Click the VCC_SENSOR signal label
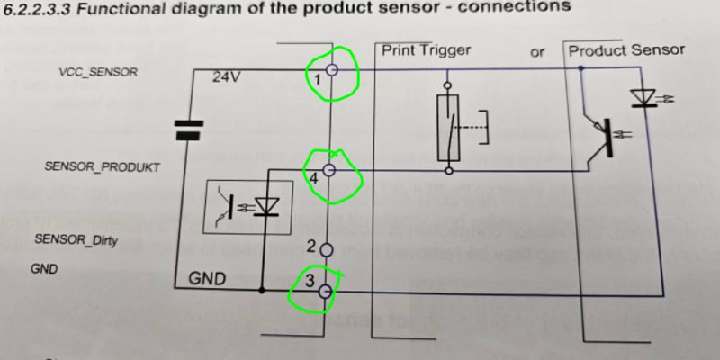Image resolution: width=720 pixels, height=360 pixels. (98, 72)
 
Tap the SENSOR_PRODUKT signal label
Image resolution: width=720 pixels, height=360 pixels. (103, 167)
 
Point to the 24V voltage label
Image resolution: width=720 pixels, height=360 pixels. (226, 77)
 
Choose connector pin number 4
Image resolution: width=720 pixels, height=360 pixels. (313, 179)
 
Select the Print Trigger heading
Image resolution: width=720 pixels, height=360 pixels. (426, 50)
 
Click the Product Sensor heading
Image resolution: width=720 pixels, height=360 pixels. (626, 50)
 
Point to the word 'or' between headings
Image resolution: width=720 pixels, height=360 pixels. (537, 52)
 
